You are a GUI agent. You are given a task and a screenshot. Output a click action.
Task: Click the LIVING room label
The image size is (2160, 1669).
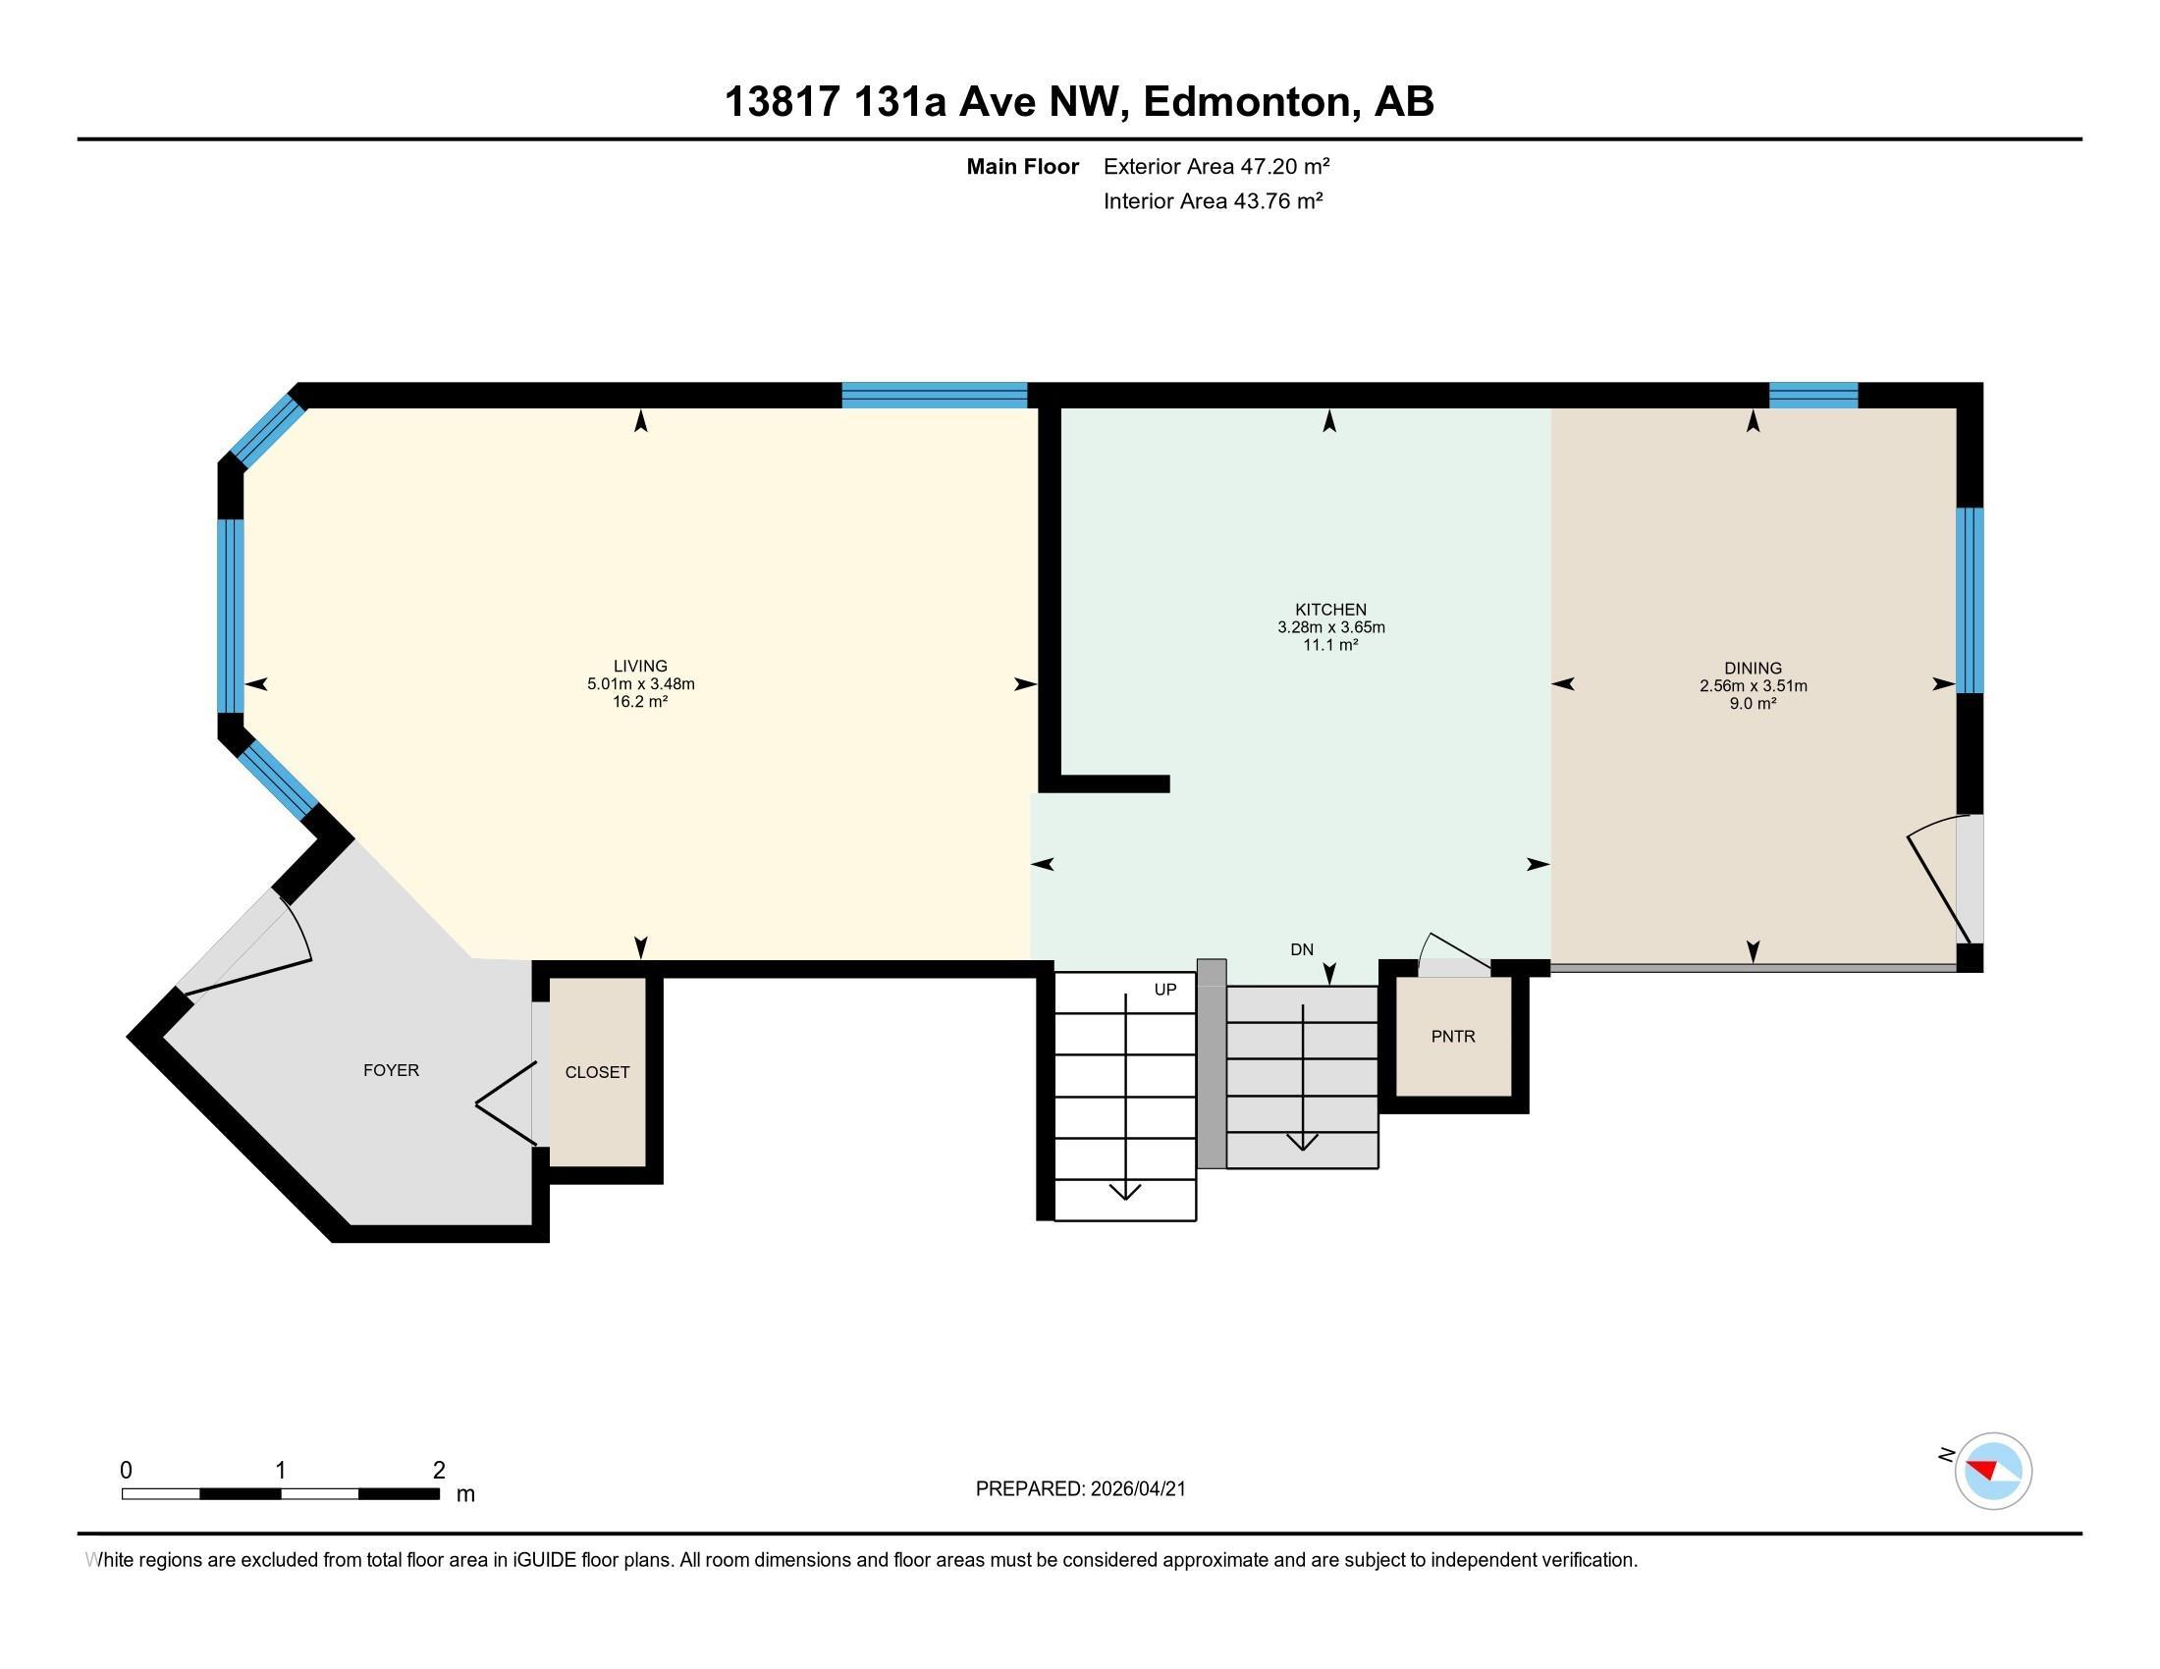tap(640, 667)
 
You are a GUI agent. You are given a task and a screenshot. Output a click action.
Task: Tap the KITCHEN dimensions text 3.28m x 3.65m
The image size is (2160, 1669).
tap(1330, 627)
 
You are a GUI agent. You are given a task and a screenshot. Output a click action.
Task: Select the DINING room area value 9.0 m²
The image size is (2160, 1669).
tap(1753, 703)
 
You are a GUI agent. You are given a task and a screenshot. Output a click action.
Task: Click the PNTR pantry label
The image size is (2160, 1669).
tap(1452, 1036)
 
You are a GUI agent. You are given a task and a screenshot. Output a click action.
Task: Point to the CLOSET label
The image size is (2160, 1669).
tap(596, 1072)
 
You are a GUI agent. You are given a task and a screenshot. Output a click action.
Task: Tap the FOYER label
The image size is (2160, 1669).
tap(391, 1070)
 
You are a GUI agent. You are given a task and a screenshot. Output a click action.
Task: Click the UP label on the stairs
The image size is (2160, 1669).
tap(1165, 990)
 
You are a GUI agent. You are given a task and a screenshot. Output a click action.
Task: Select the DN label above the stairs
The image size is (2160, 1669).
tap(1302, 949)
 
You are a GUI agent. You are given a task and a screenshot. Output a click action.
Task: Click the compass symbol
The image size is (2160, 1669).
tap(1993, 1471)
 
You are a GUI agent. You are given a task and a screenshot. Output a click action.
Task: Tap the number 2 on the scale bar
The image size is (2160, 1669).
tap(438, 1471)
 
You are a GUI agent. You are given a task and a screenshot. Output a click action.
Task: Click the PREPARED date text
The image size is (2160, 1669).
tap(1080, 1489)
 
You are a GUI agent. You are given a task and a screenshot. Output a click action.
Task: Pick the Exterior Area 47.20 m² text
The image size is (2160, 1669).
tap(1215, 166)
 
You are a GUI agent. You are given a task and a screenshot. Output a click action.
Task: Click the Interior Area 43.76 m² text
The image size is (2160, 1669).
tap(1213, 200)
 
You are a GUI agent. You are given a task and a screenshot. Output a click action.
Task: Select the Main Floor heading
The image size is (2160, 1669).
tap(1022, 166)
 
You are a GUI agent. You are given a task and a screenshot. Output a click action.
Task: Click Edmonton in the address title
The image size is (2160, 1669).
tap(1248, 102)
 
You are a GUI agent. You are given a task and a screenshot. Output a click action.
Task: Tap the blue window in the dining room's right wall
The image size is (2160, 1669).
tap(1970, 600)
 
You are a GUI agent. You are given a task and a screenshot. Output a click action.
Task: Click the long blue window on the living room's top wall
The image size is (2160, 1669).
tap(934, 396)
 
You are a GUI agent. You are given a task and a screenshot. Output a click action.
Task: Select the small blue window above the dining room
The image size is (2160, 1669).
tap(1811, 396)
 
